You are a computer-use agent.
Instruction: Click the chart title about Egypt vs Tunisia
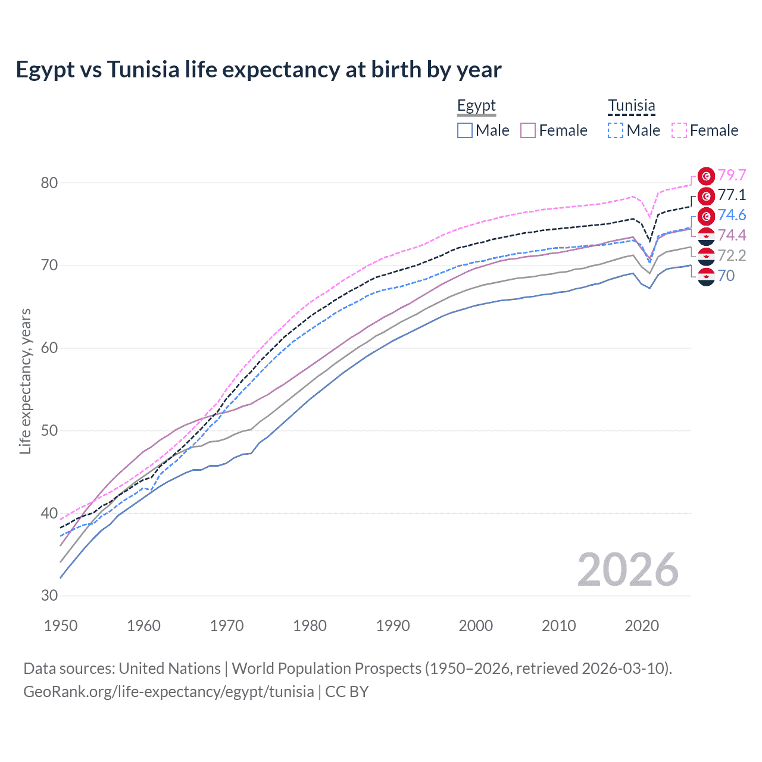(258, 70)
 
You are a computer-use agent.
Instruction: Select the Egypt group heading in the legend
(476, 106)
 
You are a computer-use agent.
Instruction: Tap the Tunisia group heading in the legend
(631, 106)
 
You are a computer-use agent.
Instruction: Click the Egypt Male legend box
(465, 130)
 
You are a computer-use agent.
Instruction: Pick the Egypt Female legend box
(529, 130)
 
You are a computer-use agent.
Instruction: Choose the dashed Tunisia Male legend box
(616, 130)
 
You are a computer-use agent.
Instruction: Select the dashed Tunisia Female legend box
(679, 130)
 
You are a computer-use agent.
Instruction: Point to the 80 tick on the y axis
(49, 183)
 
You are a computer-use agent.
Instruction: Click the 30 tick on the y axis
(49, 595)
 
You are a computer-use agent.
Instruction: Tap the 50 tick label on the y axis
(49, 430)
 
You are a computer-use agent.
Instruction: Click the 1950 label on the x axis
(61, 626)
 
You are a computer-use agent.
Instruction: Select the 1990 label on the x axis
(393, 626)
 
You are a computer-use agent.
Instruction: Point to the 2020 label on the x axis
(642, 626)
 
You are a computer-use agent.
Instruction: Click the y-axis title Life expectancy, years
(25, 381)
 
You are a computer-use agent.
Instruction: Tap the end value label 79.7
(732, 175)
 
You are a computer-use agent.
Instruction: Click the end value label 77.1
(732, 195)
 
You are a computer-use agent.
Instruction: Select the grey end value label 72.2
(732, 256)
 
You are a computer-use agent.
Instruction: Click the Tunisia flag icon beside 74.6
(706, 216)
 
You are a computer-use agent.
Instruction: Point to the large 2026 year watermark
(627, 570)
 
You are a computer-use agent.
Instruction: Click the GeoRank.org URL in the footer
(168, 692)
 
